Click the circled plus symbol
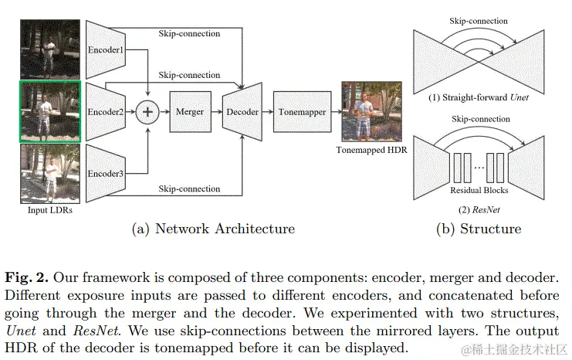(x=147, y=112)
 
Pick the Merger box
(x=188, y=112)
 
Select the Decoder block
(x=242, y=112)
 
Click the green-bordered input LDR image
(x=50, y=111)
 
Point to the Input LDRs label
(x=50, y=210)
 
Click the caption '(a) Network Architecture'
(x=214, y=229)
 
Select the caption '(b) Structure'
(x=479, y=229)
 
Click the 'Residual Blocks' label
(x=479, y=189)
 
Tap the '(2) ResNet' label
(x=479, y=209)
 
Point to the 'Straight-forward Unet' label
(x=479, y=98)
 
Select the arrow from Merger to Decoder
(x=215, y=112)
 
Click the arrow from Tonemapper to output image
(x=337, y=112)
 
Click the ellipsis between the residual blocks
(x=479, y=167)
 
